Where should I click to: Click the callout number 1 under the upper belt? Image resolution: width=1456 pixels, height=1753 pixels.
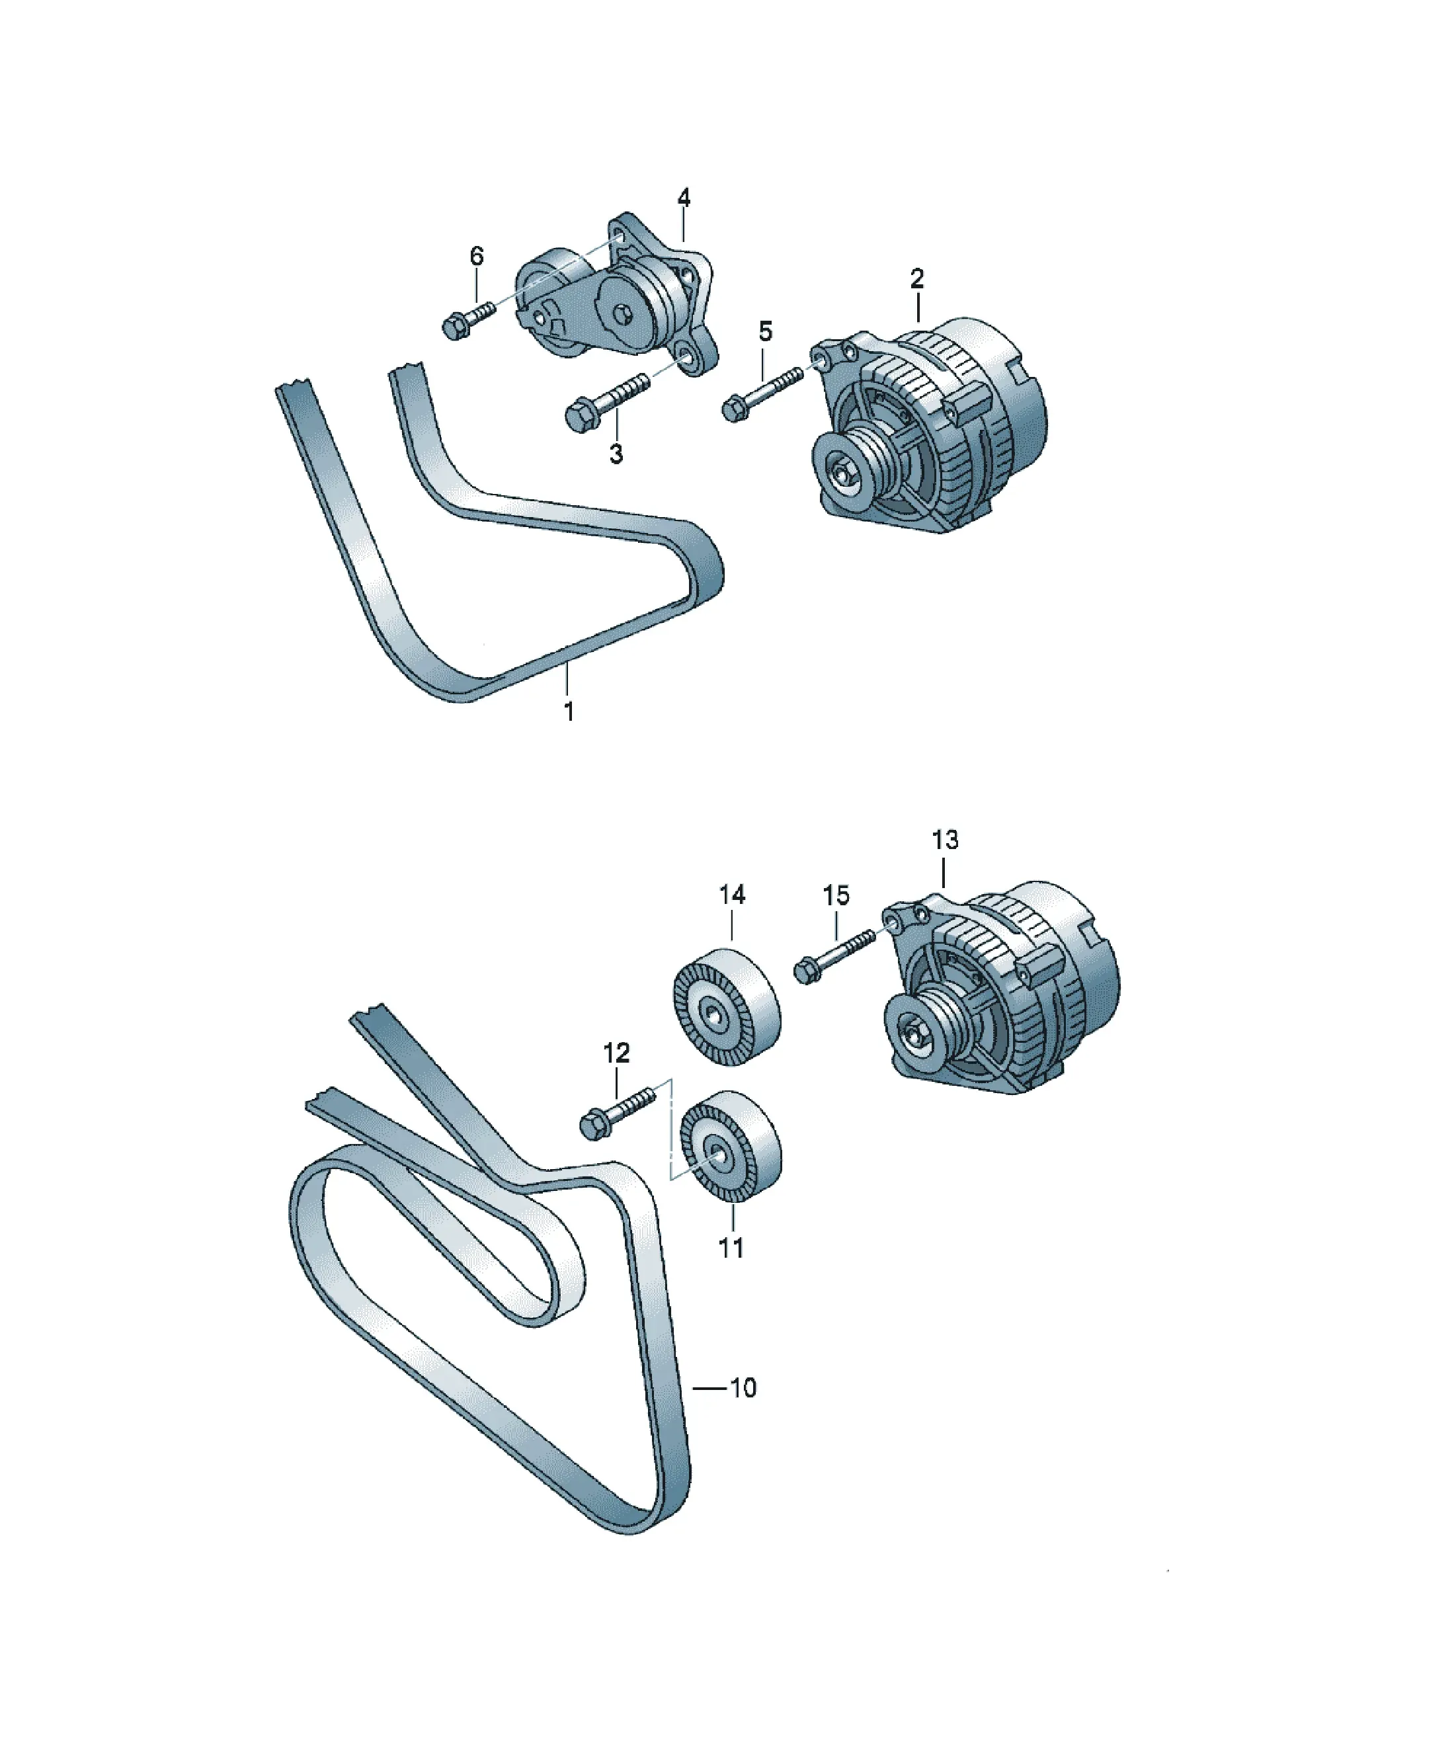pyautogui.click(x=569, y=712)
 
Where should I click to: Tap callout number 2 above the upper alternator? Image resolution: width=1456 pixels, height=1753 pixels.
pyautogui.click(x=916, y=279)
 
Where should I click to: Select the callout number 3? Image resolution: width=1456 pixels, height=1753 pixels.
pyautogui.click(x=616, y=455)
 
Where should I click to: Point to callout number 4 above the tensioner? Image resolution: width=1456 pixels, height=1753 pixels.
pyautogui.click(x=684, y=198)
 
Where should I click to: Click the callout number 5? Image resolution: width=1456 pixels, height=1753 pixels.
pyautogui.click(x=765, y=331)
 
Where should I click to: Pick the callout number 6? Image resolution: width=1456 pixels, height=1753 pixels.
pyautogui.click(x=477, y=257)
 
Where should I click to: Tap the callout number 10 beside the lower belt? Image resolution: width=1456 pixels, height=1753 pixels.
pyautogui.click(x=743, y=1388)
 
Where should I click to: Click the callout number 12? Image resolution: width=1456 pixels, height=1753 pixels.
pyautogui.click(x=616, y=1053)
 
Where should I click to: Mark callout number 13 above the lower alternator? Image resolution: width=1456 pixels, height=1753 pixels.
pyautogui.click(x=945, y=840)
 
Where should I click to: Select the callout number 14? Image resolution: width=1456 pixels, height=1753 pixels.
pyautogui.click(x=732, y=895)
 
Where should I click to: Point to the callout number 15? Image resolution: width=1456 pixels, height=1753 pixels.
pyautogui.click(x=836, y=896)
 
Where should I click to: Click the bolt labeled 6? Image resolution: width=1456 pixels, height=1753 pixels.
pyautogui.click(x=467, y=321)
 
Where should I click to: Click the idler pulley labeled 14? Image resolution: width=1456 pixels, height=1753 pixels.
pyautogui.click(x=726, y=1008)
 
